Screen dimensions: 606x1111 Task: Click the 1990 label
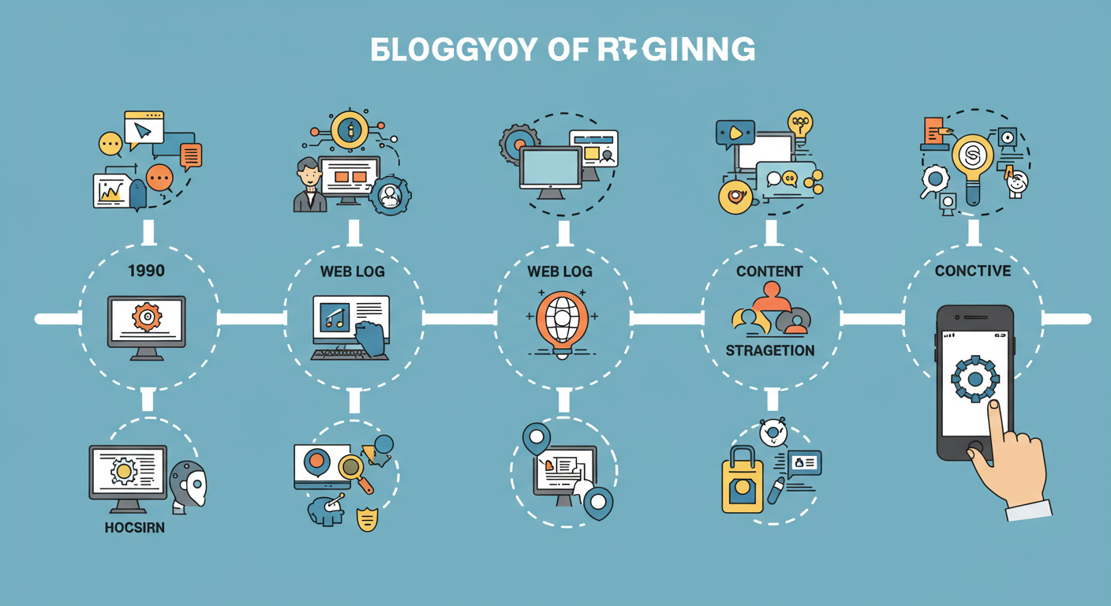146,271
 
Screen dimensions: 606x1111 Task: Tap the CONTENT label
769,271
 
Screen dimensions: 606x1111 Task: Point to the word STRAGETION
770,350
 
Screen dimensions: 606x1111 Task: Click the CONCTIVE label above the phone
972,271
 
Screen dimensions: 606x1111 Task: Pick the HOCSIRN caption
134,527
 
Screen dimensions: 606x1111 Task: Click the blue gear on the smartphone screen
975,378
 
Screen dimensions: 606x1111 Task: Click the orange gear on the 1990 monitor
147,317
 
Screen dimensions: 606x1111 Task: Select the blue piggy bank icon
325,511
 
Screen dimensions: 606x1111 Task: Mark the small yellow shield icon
366,520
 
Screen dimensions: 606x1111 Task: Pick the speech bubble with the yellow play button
734,133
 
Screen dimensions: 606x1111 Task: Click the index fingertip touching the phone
994,406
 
